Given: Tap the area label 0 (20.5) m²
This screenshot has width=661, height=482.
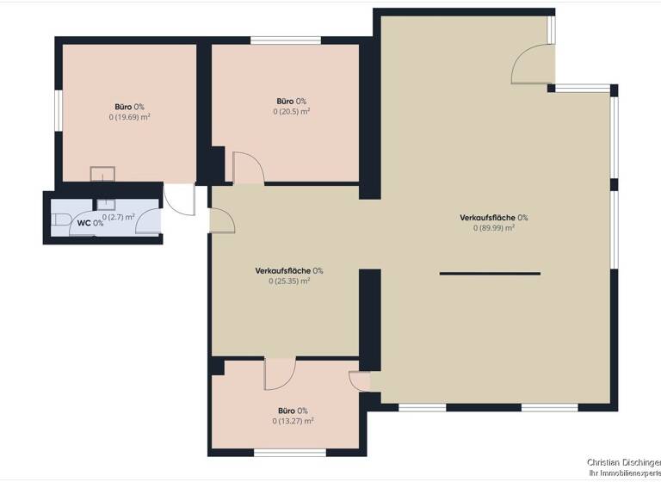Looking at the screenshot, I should [292, 111].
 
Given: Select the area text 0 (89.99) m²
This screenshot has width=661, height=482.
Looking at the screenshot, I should [494, 228].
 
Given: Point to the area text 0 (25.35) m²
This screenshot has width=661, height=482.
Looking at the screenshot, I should [289, 281].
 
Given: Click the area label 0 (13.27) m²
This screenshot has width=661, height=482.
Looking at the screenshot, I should [292, 421].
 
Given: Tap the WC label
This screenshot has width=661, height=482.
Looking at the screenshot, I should [85, 223].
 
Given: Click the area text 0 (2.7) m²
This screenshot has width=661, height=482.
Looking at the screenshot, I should [119, 217].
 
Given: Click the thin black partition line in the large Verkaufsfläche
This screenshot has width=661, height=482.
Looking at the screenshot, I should [490, 274].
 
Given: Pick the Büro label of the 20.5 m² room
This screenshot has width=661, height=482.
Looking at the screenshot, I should [287, 101].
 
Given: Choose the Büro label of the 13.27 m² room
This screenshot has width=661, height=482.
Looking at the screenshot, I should [287, 411].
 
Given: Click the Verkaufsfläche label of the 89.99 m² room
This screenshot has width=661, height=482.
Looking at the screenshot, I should [489, 218].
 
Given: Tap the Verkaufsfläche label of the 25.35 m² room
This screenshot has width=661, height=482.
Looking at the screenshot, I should [284, 270].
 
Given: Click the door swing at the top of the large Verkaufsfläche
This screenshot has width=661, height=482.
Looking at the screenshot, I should [530, 63].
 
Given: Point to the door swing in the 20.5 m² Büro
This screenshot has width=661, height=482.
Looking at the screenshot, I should [246, 167].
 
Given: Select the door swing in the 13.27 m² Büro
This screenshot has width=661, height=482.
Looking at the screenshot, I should [280, 374].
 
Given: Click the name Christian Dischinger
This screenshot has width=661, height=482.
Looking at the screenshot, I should [624, 463].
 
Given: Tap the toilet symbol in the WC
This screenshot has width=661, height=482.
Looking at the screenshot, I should [60, 219].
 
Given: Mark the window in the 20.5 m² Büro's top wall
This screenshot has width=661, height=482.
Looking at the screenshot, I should [286, 40].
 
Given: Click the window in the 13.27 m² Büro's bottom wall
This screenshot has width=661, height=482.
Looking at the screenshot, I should [290, 452].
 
